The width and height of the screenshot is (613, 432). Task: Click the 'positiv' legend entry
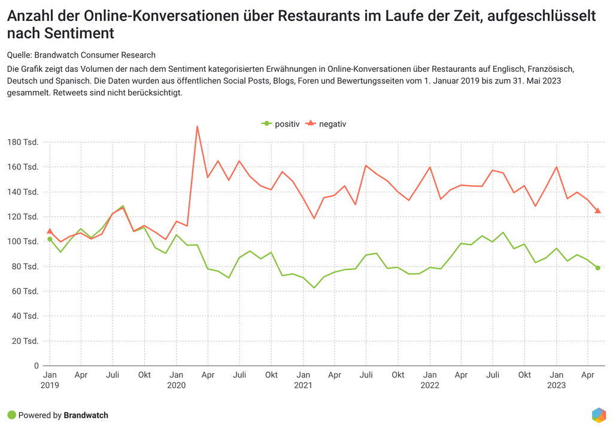281,124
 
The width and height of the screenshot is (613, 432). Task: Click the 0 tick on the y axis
37,365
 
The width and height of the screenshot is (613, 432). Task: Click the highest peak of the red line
197,126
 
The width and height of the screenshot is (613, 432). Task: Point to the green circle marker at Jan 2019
50,239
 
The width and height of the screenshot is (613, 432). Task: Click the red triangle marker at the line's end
597,210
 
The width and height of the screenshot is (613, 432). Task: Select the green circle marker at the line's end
597,268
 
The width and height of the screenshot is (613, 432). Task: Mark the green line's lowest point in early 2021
313,288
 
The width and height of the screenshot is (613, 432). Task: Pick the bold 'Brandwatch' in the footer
86,415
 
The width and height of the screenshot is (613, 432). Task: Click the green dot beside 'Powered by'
11,415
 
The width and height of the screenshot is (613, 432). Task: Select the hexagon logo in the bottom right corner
598,415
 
